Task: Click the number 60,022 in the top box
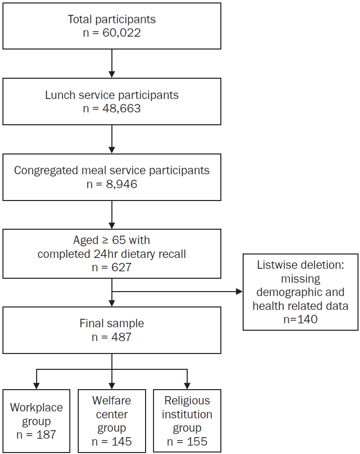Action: point(122,33)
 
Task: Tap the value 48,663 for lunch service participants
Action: point(122,108)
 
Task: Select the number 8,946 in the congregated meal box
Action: point(122,184)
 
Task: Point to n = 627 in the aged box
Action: point(111,267)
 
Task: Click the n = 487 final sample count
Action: point(111,337)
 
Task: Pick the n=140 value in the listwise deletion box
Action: point(301,319)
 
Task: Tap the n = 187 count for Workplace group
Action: point(36,435)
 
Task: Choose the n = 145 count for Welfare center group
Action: point(111,442)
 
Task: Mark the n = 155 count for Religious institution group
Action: point(187,442)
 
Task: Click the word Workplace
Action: point(37,407)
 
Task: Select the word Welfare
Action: point(111,401)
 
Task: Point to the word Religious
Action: point(187,401)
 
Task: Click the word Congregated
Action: point(46,170)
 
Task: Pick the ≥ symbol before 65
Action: point(105,241)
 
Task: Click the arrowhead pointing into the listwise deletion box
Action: point(239,292)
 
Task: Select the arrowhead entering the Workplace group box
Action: point(36,386)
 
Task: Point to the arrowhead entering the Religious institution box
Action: point(187,386)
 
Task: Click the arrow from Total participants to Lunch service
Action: point(112,63)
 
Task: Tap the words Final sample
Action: point(112,323)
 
